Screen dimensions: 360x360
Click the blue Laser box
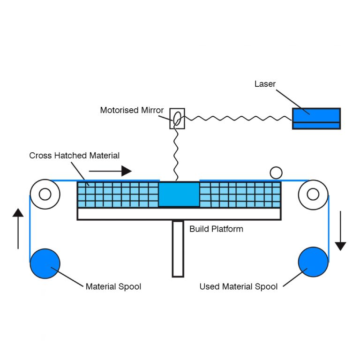(316, 118)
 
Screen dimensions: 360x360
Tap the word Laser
(265, 84)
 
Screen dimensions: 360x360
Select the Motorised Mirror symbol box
(177, 119)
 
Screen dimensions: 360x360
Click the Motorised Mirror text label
(132, 111)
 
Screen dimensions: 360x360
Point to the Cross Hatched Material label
(74, 156)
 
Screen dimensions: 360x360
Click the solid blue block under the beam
(179, 194)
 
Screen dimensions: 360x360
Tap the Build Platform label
(216, 229)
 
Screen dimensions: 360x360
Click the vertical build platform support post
(178, 248)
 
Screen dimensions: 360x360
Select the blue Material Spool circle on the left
(45, 263)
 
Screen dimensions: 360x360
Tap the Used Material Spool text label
(238, 286)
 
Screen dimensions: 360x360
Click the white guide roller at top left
(45, 194)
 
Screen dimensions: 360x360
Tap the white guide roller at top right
(313, 194)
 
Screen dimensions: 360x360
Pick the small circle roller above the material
(276, 173)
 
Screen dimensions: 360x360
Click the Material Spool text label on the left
(113, 286)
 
